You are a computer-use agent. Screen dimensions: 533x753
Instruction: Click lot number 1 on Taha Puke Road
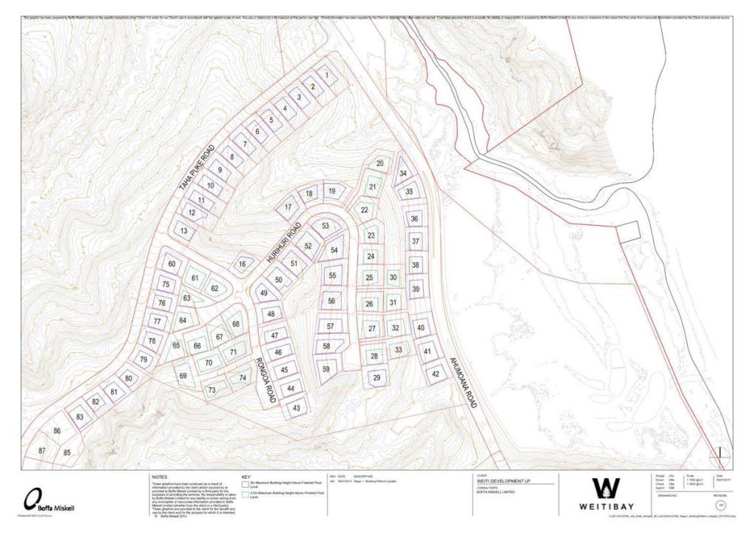(x=326, y=75)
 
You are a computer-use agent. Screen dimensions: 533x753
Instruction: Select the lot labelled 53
(x=325, y=225)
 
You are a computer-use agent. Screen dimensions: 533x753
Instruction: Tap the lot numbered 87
(x=42, y=451)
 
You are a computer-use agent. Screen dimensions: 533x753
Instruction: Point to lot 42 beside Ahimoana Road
(x=436, y=375)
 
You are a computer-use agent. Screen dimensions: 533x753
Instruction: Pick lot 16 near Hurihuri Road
(x=241, y=264)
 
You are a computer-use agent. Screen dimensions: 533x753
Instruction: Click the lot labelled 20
(x=379, y=163)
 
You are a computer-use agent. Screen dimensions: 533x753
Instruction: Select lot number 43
(x=297, y=408)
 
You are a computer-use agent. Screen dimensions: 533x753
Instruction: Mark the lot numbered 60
(x=172, y=264)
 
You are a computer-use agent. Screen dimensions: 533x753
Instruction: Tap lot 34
(x=403, y=173)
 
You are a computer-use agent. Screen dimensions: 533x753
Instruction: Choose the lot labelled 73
(x=212, y=390)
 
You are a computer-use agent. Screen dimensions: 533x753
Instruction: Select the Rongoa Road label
(x=266, y=380)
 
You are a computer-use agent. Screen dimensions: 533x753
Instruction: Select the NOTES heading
(x=160, y=477)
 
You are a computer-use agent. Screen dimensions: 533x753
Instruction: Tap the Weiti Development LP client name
(x=501, y=481)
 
